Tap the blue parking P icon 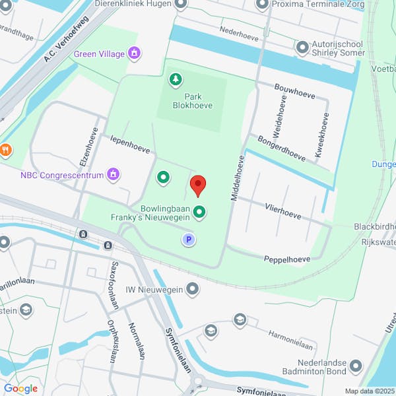(x=189, y=240)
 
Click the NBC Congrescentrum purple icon (x=114, y=174)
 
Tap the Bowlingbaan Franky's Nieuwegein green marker (x=199, y=213)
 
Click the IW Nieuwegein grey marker (x=193, y=289)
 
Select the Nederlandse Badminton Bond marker (x=356, y=366)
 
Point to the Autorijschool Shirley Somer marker (x=303, y=48)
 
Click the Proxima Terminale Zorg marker (x=263, y=5)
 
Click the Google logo (x=20, y=388)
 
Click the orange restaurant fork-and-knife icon (x=5, y=149)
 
